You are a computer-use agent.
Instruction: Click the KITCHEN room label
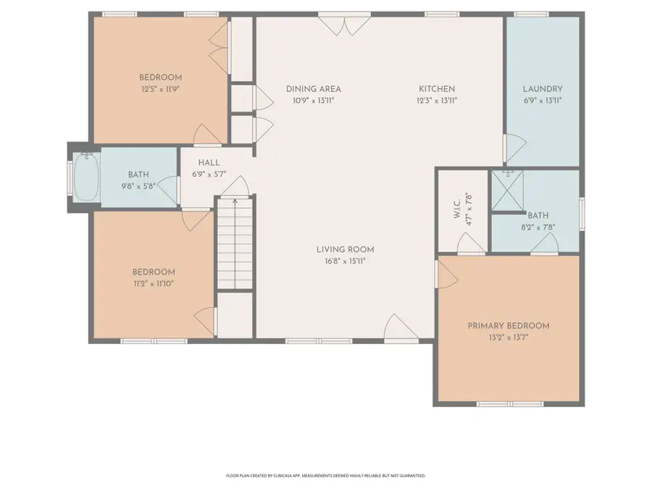pyautogui.click(x=437, y=89)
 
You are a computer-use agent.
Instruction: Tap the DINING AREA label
pyautogui.click(x=313, y=89)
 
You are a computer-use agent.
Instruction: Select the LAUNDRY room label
pyautogui.click(x=543, y=89)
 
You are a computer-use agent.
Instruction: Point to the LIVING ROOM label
pyautogui.click(x=345, y=250)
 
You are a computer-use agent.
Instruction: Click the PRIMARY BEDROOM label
pyautogui.click(x=508, y=326)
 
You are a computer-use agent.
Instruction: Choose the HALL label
pyautogui.click(x=204, y=163)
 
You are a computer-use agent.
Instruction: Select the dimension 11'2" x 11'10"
pyautogui.click(x=153, y=283)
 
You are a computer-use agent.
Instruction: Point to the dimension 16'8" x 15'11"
pyautogui.click(x=345, y=262)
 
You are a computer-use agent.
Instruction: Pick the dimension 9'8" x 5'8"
pyautogui.click(x=138, y=186)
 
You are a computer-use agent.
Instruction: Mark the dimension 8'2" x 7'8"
pyautogui.click(x=538, y=227)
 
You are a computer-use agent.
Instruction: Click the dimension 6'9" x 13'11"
pyautogui.click(x=543, y=101)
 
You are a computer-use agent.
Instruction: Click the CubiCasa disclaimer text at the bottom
pyautogui.click(x=326, y=476)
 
